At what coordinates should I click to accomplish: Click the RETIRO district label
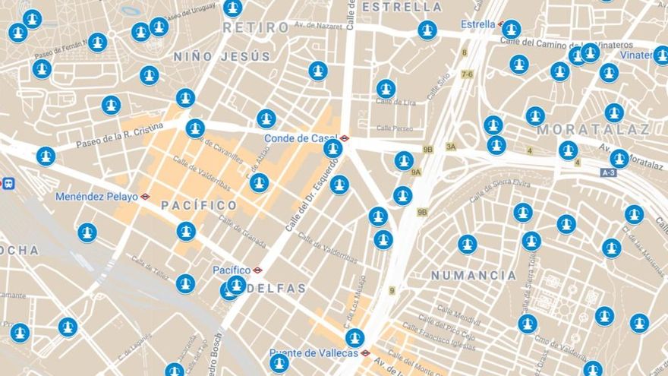(255, 27)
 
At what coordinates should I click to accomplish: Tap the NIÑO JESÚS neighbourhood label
(222, 56)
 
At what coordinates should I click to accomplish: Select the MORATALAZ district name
(593, 129)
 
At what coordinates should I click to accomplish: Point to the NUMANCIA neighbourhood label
(474, 275)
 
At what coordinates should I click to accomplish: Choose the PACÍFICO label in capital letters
(199, 206)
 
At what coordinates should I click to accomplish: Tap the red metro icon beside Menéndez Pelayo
(145, 197)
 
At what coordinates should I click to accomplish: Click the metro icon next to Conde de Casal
(345, 138)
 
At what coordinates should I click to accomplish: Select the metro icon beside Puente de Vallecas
(365, 353)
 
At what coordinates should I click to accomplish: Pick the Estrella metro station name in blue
(477, 24)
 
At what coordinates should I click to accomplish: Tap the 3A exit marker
(451, 147)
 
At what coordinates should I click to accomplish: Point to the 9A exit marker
(416, 172)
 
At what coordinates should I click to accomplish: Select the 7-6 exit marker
(466, 74)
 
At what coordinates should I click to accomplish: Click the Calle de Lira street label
(397, 103)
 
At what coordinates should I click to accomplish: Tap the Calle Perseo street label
(395, 128)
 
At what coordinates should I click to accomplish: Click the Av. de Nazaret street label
(320, 26)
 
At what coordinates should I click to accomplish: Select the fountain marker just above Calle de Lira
(386, 89)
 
